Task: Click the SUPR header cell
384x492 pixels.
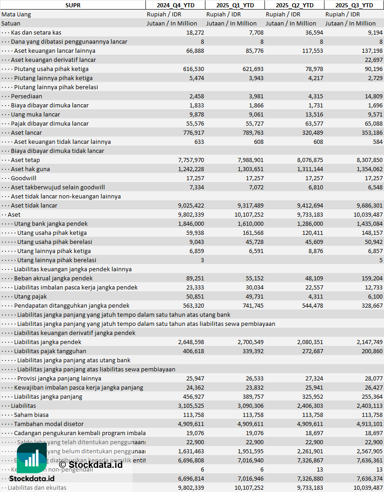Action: (73, 5)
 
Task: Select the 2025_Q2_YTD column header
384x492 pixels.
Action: (294, 5)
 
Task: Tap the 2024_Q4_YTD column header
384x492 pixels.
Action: (175, 5)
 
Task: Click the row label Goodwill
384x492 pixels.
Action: (24, 178)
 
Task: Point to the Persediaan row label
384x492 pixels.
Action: (26, 96)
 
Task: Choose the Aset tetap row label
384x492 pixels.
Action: (25, 160)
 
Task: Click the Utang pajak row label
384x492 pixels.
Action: (30, 296)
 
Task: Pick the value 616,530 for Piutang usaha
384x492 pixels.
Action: (192, 69)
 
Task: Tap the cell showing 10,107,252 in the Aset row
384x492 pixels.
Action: (246, 214)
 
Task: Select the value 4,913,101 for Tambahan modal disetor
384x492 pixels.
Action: (367, 424)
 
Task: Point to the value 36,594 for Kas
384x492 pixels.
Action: (311, 32)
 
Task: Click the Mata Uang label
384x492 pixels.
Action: (16, 14)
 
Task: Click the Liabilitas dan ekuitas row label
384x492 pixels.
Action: (37, 487)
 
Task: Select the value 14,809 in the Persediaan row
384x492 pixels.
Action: (372, 96)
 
